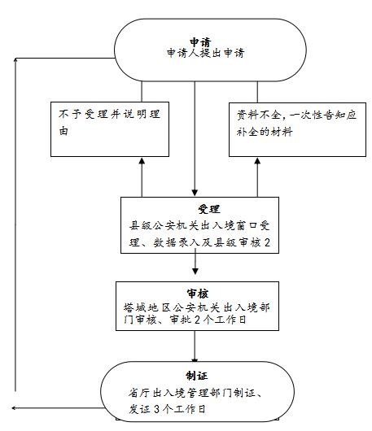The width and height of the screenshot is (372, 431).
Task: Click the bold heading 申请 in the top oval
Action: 200,42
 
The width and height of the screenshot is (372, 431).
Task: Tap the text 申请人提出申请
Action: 205,53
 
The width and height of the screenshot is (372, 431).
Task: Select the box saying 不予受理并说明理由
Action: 110,129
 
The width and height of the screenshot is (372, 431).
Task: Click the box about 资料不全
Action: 297,129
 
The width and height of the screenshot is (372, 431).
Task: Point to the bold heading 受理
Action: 209,209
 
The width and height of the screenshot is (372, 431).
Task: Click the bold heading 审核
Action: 197,294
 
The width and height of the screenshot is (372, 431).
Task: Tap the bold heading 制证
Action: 196,376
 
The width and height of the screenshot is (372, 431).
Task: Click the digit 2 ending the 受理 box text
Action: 267,242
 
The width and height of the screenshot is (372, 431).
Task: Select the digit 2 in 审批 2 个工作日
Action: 197,320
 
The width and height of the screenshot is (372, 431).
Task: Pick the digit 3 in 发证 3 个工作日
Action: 156,409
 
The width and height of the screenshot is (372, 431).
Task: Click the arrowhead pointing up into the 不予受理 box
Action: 142,161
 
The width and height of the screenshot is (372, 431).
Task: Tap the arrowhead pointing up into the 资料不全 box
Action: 257,161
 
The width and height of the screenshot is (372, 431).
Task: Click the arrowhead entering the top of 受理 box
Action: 195,193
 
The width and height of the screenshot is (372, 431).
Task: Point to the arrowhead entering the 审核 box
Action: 195,271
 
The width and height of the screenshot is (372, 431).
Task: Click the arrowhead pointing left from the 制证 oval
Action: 14,408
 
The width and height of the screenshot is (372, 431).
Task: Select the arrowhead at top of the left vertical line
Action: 15,60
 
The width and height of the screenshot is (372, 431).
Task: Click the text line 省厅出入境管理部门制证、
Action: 195,393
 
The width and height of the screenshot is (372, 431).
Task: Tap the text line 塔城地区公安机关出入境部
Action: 197,307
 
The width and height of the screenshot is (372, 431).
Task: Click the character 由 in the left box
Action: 63,131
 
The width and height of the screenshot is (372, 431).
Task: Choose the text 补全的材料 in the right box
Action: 265,132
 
